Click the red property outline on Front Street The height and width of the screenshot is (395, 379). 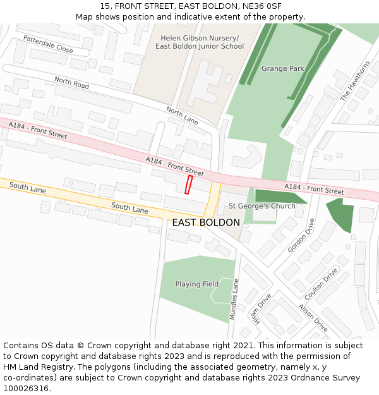(188, 185)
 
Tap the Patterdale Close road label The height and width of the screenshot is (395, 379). (48, 44)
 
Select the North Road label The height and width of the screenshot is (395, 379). (71, 82)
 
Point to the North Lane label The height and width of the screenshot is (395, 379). (182, 115)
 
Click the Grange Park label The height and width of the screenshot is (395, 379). (283, 68)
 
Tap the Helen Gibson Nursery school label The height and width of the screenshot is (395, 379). (200, 42)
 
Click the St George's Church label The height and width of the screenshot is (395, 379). (262, 206)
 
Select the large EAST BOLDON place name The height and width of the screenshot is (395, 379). (206, 222)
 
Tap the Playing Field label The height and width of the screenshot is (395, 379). (197, 284)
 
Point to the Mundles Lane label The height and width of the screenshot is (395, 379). (234, 298)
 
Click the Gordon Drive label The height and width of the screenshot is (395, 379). (301, 236)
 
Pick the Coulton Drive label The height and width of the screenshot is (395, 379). (322, 284)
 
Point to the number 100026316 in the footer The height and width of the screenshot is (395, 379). (26, 388)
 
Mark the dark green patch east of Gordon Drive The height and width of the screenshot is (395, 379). (340, 215)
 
